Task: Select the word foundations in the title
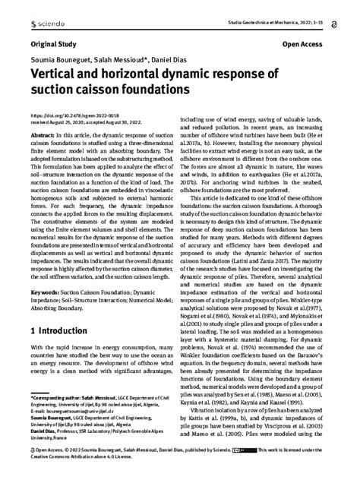tap(156, 90)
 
